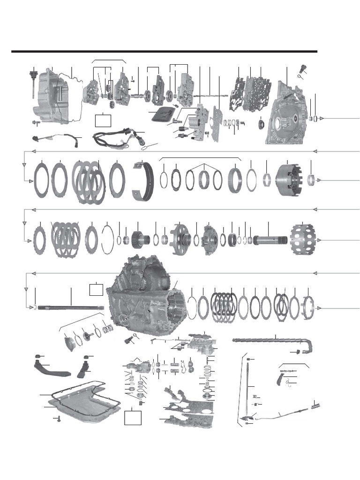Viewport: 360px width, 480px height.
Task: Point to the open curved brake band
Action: [143, 181]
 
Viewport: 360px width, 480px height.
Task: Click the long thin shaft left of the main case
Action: [70, 307]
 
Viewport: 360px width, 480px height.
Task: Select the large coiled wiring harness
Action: [115, 137]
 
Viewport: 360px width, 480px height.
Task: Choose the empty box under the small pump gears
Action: [103, 120]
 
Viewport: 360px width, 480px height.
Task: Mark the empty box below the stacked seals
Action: [133, 416]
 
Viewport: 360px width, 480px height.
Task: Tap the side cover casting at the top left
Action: [52, 96]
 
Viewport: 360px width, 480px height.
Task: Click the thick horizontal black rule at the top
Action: [164, 51]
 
